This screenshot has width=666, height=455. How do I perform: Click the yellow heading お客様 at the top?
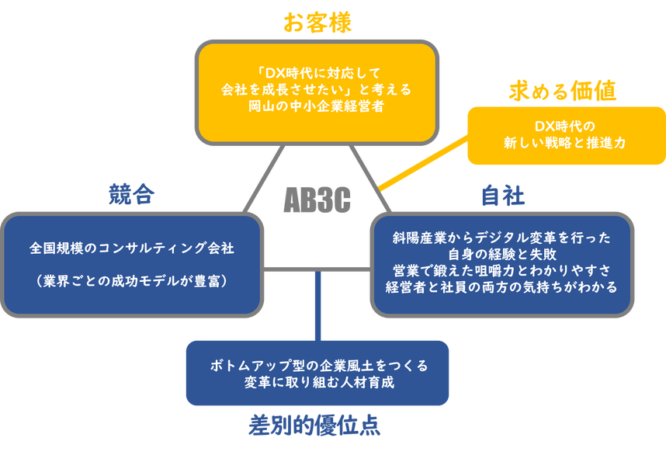[317, 23]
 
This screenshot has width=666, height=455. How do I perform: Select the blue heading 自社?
[503, 194]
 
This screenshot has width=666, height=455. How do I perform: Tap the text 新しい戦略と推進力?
[565, 143]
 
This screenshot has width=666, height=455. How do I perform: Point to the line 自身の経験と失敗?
[502, 254]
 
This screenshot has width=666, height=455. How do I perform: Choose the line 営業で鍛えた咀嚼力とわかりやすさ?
[502, 270]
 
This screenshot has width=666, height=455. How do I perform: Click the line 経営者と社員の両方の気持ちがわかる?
[502, 287]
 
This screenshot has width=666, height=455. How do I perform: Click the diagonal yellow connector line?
[423, 165]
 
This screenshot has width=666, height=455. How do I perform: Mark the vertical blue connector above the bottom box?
[317, 304]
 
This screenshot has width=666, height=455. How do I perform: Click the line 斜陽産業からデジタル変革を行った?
[502, 238]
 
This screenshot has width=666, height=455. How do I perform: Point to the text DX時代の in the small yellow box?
[565, 126]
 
